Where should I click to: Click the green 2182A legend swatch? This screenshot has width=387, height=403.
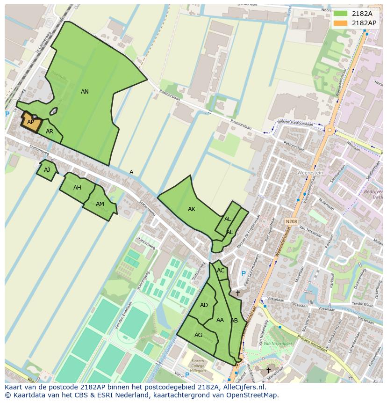tap(340, 14)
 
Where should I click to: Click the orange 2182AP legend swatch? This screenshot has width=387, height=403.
tap(340, 23)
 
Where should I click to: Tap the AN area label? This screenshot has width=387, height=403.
tap(85, 92)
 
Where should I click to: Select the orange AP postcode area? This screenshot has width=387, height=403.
tap(31, 122)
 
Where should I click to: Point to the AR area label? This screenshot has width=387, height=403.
tap(50, 132)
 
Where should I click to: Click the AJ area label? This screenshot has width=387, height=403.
tap(47, 170)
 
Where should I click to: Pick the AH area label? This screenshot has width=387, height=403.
tap(77, 188)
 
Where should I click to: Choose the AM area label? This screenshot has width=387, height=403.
tap(100, 204)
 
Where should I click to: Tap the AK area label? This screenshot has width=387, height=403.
tap(192, 209)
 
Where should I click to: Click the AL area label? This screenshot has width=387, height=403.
tap(228, 219)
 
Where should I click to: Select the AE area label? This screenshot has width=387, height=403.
tap(230, 232)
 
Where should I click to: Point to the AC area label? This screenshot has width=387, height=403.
tap(221, 271)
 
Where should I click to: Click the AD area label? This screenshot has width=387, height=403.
tap(204, 305)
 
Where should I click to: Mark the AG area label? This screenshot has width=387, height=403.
tap(199, 335)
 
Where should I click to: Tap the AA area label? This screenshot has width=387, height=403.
tap(220, 320)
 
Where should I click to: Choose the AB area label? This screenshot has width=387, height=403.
tap(234, 321)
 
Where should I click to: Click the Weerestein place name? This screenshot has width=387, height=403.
tap(310, 173)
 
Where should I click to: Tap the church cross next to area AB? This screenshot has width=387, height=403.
tap(237, 293)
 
